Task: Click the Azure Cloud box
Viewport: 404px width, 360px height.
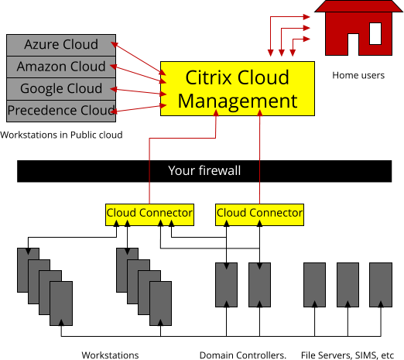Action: (x=61, y=45)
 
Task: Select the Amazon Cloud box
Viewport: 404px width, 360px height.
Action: (x=61, y=67)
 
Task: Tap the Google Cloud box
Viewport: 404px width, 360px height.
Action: (x=61, y=89)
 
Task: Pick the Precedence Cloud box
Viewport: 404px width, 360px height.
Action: (x=61, y=111)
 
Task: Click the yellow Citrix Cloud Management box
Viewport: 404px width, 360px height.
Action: (x=238, y=88)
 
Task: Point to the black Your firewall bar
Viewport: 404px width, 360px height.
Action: (x=204, y=171)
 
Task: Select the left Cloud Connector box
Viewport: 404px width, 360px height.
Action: (x=149, y=214)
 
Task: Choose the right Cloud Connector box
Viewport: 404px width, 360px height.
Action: (x=259, y=214)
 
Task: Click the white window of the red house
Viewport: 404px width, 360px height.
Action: (x=375, y=33)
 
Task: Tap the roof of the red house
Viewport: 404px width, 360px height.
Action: (x=358, y=6)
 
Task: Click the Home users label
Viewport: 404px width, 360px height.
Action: (x=358, y=75)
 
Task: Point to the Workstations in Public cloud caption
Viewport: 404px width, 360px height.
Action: (x=61, y=135)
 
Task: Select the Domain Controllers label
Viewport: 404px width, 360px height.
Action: (x=243, y=355)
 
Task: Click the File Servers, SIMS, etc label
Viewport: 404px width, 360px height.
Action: (x=348, y=355)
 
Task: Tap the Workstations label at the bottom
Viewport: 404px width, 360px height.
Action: (x=110, y=355)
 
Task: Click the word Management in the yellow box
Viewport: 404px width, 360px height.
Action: (x=238, y=101)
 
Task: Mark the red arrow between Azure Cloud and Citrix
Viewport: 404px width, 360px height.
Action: (x=139, y=59)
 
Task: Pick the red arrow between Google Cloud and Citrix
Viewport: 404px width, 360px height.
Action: (x=139, y=91)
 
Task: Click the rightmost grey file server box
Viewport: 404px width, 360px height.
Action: (x=381, y=285)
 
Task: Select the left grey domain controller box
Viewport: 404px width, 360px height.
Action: (x=226, y=285)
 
